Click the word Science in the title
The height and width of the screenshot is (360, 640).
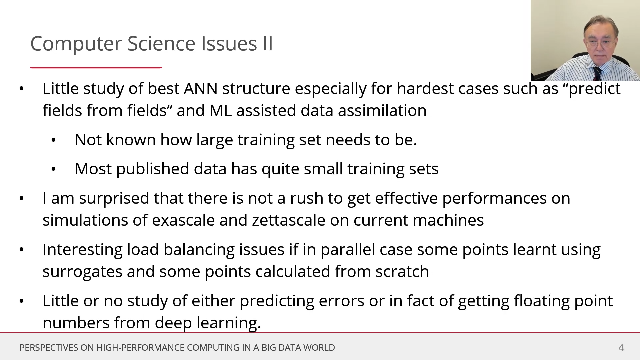(x=161, y=43)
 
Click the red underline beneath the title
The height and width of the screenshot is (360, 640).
(x=96, y=68)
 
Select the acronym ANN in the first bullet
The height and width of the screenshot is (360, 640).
(x=201, y=89)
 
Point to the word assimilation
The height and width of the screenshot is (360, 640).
(x=382, y=110)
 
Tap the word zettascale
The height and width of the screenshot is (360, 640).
(x=289, y=220)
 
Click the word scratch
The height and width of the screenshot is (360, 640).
(x=402, y=272)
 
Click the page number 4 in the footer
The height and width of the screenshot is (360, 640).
(x=621, y=348)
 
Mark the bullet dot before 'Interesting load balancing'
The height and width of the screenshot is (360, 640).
(x=22, y=250)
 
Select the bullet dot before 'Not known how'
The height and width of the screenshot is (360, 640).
(x=54, y=140)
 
